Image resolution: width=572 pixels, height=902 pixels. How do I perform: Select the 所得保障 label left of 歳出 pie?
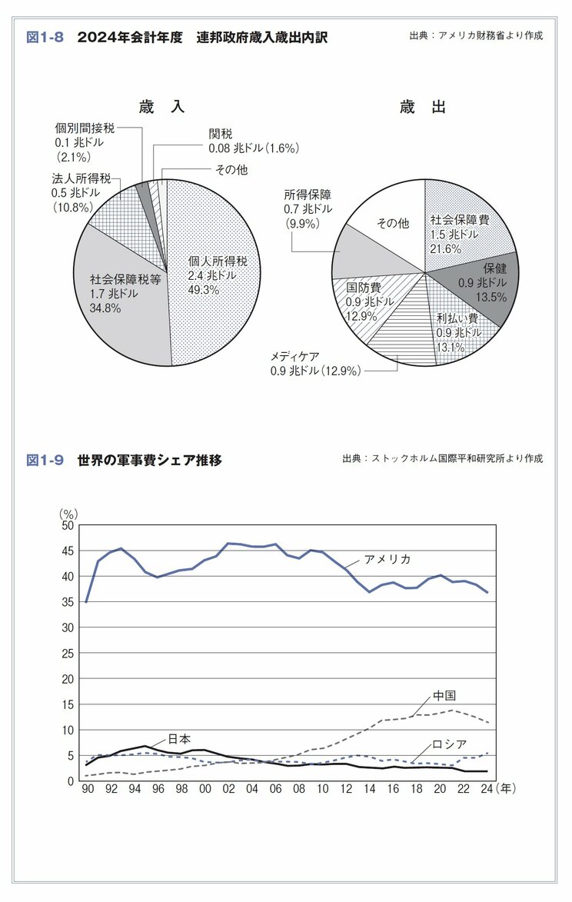coord(308,195)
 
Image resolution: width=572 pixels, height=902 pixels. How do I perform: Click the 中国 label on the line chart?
coord(444,695)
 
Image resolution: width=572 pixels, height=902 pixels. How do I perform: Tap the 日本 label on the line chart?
coord(180,738)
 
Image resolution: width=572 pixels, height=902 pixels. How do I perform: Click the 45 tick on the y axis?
coord(67,551)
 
